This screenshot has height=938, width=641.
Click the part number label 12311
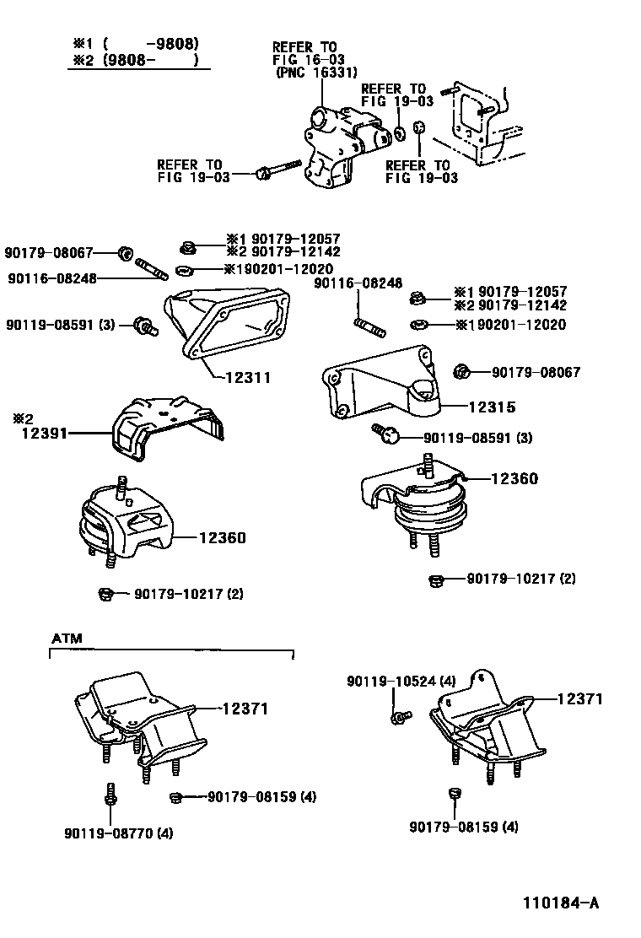pyautogui.click(x=248, y=378)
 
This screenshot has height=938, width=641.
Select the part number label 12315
pyautogui.click(x=493, y=407)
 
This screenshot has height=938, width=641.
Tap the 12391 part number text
pyautogui.click(x=45, y=434)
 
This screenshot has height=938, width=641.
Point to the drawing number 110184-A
pyautogui.click(x=559, y=903)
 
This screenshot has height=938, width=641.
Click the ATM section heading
pyautogui.click(x=67, y=639)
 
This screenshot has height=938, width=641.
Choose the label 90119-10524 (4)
pyautogui.click(x=401, y=681)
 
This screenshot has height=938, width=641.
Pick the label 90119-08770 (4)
pyautogui.click(x=118, y=834)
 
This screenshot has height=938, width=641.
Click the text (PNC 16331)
pyautogui.click(x=310, y=73)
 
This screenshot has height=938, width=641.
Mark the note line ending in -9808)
pyautogui.click(x=138, y=43)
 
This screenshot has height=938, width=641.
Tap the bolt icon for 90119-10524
pyautogui.click(x=399, y=717)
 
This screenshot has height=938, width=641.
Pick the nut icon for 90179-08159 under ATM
pyautogui.click(x=175, y=797)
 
